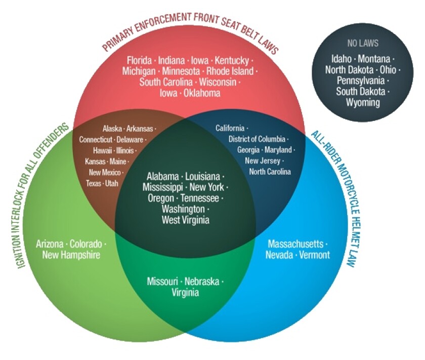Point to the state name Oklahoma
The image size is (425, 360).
point(202,93)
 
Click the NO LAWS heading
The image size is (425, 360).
point(362,43)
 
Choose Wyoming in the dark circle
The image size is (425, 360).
point(363,102)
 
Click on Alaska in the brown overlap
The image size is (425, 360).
point(112,129)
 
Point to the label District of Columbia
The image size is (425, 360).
point(257,139)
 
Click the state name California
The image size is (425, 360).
point(230,128)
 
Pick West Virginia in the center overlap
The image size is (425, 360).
point(185,220)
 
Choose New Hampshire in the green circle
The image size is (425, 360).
point(71,255)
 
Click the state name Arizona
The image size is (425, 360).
point(50,244)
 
